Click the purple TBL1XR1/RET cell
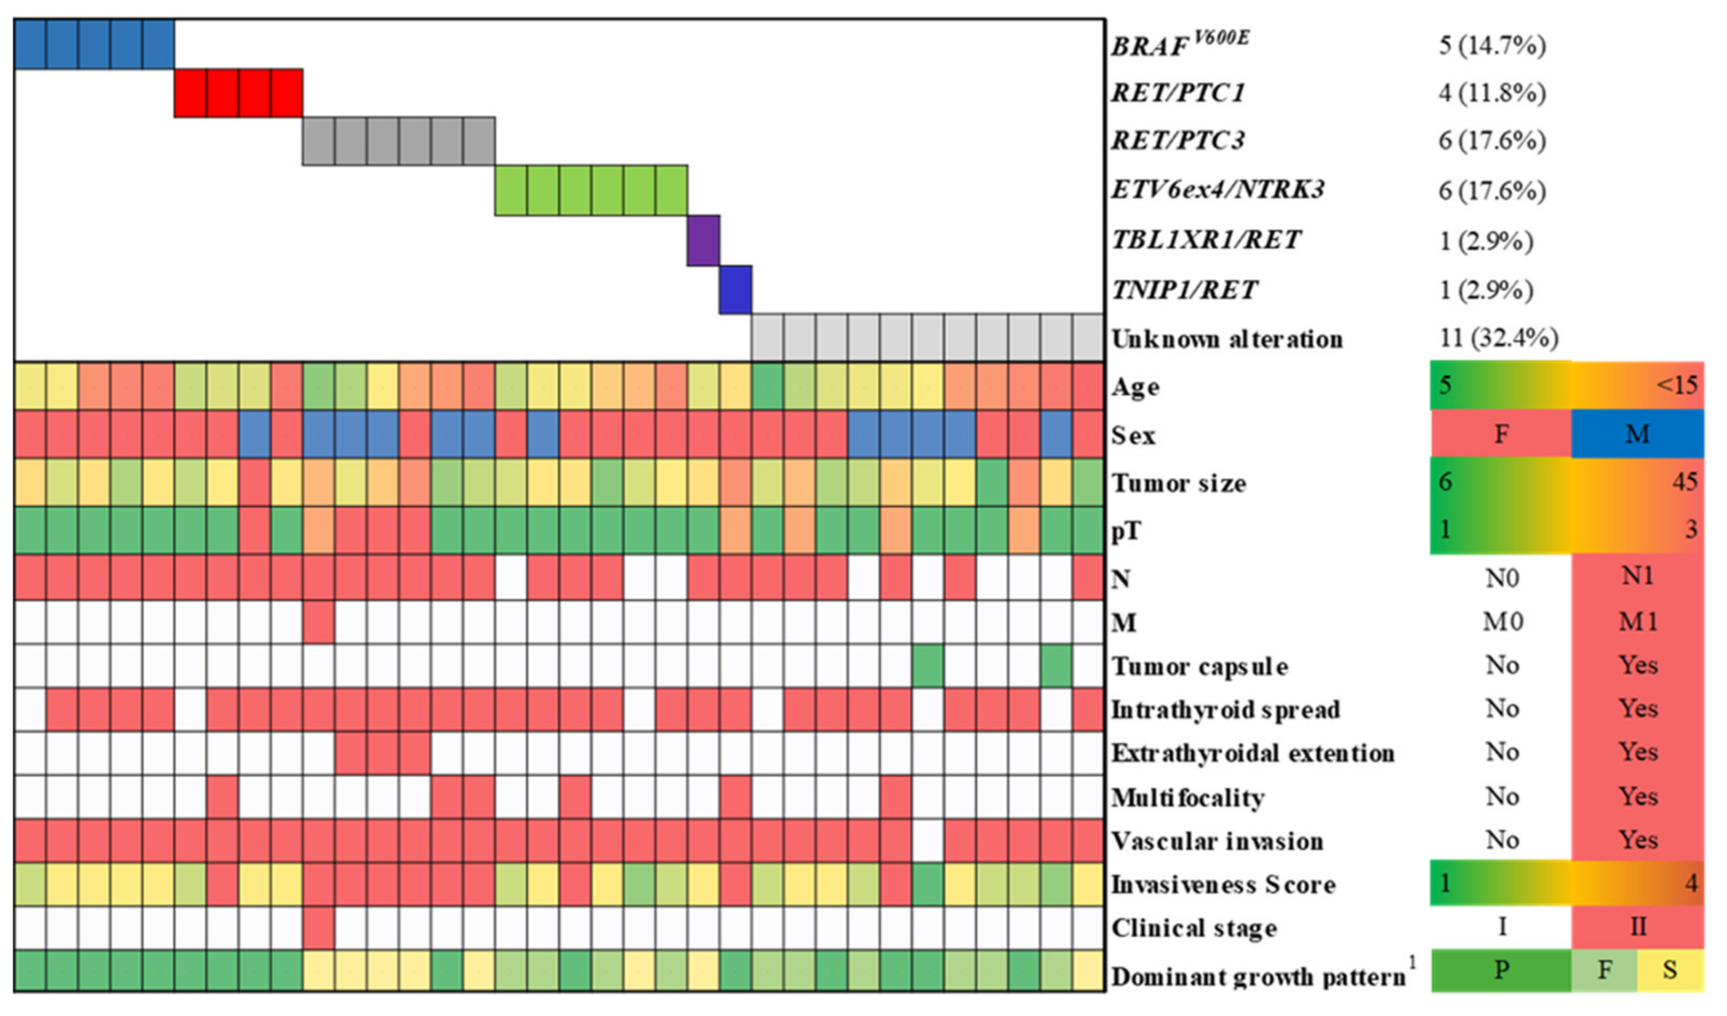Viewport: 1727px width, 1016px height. point(703,241)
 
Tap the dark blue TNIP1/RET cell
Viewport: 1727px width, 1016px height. point(735,290)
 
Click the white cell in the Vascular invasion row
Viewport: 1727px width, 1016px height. point(928,840)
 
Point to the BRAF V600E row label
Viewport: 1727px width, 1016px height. point(1179,45)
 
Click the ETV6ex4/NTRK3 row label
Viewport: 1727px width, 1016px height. point(1217,190)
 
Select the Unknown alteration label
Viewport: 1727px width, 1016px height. point(1227,339)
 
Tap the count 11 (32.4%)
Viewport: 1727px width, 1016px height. point(1498,338)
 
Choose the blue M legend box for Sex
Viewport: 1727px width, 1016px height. point(1637,434)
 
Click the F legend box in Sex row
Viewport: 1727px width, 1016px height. point(1501,434)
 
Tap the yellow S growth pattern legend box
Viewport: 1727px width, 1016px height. point(1670,970)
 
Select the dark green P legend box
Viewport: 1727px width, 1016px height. point(1501,970)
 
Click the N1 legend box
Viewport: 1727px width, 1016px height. point(1637,576)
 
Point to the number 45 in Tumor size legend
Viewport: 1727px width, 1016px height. point(1684,482)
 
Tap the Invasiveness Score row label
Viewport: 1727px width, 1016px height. point(1223,884)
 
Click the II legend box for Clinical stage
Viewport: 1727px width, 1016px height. point(1637,927)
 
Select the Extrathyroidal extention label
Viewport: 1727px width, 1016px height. point(1253,753)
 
